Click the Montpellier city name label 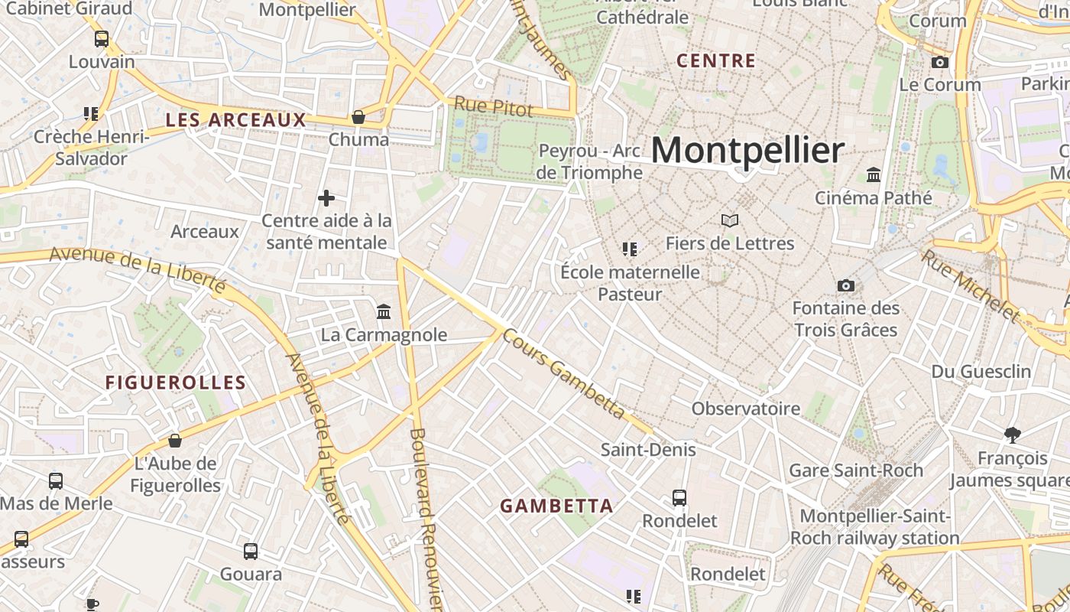(x=747, y=150)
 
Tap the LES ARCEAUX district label (x=235, y=120)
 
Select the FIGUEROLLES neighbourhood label (x=176, y=382)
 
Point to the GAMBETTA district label (x=556, y=506)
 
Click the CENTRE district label (x=716, y=61)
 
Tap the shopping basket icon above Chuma (x=358, y=117)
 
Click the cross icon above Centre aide (x=326, y=199)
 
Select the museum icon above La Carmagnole (x=384, y=312)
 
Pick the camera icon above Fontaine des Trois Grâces (x=845, y=285)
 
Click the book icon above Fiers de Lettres (x=730, y=221)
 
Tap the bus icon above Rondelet (x=679, y=498)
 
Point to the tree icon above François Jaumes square (x=1013, y=435)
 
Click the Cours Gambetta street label (x=564, y=375)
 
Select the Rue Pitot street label (x=494, y=106)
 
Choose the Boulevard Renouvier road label (x=426, y=520)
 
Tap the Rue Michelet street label (x=971, y=285)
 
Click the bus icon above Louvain (x=101, y=39)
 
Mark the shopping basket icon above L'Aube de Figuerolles (x=175, y=441)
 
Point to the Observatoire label (x=746, y=409)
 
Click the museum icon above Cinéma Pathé (x=874, y=175)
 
